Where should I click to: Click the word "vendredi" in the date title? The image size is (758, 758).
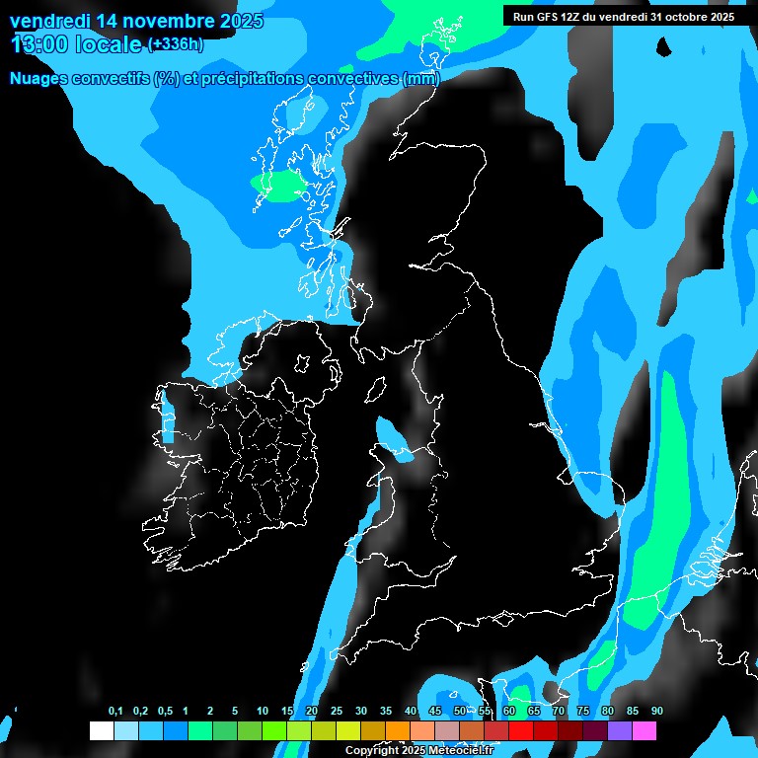point(46,21)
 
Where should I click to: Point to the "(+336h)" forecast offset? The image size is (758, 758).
point(176,43)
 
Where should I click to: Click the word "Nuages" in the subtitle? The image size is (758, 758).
point(39,79)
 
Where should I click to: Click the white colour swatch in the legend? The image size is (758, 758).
point(101,731)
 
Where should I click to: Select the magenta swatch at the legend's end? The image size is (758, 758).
point(644,731)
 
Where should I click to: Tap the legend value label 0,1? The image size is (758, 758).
point(115,712)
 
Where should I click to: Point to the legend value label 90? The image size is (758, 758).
point(656,712)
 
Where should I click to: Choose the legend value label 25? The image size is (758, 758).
point(337,712)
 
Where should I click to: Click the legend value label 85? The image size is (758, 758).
point(632,712)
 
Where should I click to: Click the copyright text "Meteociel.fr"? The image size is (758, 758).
point(461,751)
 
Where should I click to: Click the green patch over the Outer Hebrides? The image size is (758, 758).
point(279,185)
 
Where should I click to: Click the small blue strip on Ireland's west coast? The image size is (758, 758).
point(167,419)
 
